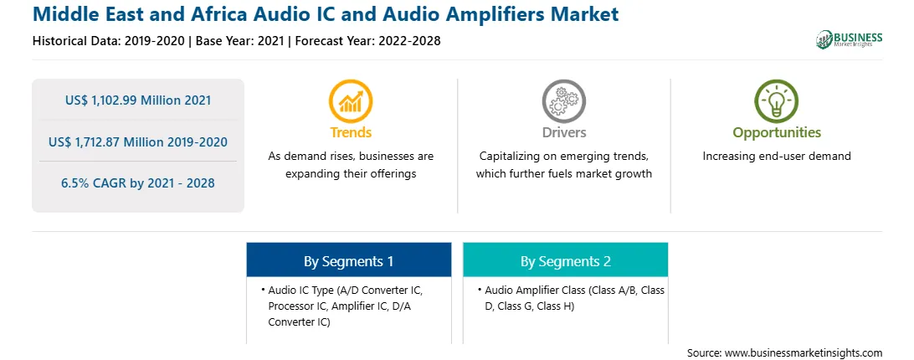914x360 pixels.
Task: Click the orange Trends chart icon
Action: point(351,101)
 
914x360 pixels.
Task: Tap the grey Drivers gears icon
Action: point(563,101)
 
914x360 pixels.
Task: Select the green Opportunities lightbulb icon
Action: point(777,101)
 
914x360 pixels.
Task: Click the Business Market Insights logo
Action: point(850,39)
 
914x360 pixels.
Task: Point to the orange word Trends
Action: point(351,132)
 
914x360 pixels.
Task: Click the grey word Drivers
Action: point(563,132)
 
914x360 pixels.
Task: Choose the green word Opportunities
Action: point(777,133)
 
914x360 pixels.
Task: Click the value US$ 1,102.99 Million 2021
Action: point(138,100)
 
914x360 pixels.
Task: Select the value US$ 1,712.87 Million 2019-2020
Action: point(138,141)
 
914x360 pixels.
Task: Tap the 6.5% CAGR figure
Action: point(138,183)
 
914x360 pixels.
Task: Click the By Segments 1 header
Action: point(348,260)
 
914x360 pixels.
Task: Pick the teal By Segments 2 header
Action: point(566,260)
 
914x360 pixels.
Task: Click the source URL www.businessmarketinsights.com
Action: point(804,353)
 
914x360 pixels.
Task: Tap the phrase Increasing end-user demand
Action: point(777,157)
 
